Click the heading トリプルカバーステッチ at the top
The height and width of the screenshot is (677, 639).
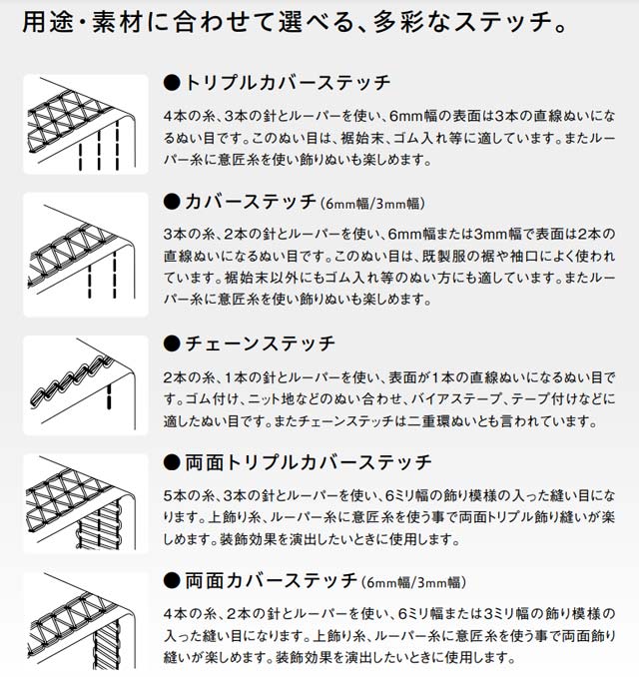tap(288, 83)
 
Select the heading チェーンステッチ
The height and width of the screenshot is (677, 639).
tap(260, 343)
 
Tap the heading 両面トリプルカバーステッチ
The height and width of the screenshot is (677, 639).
tap(309, 462)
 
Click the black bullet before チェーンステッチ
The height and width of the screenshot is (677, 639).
tap(172, 344)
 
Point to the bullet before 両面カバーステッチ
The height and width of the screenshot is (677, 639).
tap(172, 581)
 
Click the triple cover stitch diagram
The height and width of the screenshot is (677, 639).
tap(86, 125)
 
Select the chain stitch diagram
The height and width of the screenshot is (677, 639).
tap(86, 385)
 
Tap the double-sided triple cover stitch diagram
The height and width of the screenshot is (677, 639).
tap(86, 503)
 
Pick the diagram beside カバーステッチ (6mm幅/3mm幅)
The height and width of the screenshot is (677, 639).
tap(86, 255)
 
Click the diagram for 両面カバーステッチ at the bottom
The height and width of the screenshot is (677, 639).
tap(86, 622)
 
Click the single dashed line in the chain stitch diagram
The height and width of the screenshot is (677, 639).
tap(109, 396)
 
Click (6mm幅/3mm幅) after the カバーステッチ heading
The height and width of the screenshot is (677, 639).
tap(372, 204)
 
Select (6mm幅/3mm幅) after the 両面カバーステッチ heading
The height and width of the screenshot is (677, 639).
tap(413, 583)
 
